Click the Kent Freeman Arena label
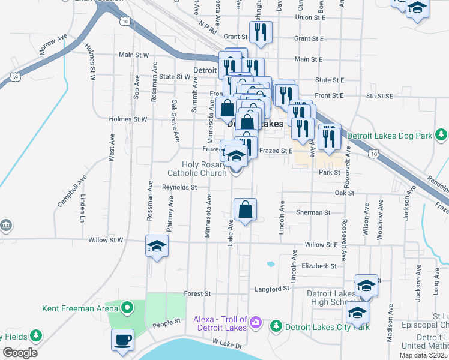(x=80, y=309)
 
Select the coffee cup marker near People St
(x=122, y=340)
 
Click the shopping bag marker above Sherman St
(x=245, y=210)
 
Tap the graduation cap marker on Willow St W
(x=157, y=247)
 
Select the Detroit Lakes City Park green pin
(x=276, y=326)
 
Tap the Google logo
(x=20, y=353)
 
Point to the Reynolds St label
(x=180, y=187)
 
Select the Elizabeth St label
(x=319, y=265)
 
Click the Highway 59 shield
(x=16, y=77)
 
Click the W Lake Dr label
(x=226, y=345)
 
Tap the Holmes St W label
(x=128, y=119)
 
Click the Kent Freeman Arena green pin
(x=127, y=308)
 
